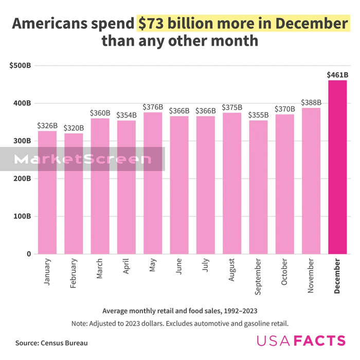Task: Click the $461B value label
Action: pyautogui.click(x=337, y=75)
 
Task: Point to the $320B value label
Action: pyautogui.click(x=74, y=128)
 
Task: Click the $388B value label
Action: pyautogui.click(x=311, y=102)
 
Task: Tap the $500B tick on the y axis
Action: pyautogui.click(x=21, y=66)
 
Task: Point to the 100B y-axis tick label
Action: pyautogui.click(x=22, y=217)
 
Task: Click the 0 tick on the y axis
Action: pyautogui.click(x=29, y=254)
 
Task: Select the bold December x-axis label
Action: pyautogui.click(x=337, y=277)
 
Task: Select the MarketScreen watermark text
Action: pyautogui.click(x=82, y=159)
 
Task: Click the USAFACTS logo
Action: pyautogui.click(x=301, y=340)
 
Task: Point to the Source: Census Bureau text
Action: pyautogui.click(x=51, y=343)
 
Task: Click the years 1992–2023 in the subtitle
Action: pyautogui.click(x=238, y=311)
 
